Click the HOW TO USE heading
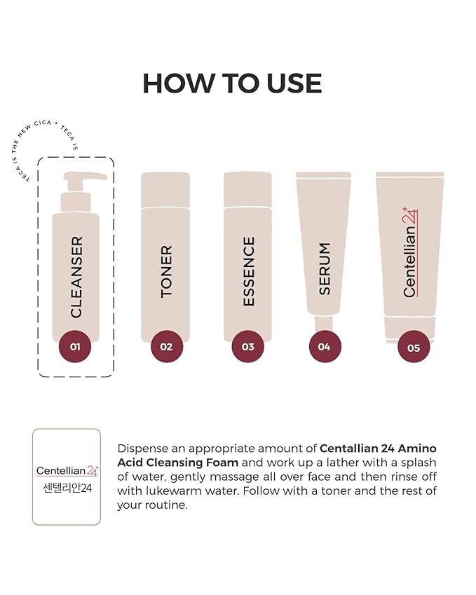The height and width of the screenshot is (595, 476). coord(232,83)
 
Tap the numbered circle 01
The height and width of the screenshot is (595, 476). coord(75,346)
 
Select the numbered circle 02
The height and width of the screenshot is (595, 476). coord(166,346)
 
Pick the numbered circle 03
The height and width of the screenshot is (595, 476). coord(247,346)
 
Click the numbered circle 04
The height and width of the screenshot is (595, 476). coord(325,346)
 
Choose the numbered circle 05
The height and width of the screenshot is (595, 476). coord(413,346)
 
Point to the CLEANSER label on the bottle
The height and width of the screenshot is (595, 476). coord(76,277)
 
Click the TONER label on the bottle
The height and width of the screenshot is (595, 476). coord(166,271)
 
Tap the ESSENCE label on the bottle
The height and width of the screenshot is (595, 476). coord(248,271)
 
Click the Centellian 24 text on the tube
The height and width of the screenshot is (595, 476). coord(410,252)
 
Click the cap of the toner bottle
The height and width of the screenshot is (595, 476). coord(165,189)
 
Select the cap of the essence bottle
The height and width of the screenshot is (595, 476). coord(247,189)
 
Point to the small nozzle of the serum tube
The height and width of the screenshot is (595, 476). coord(323,323)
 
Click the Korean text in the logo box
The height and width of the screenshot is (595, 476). coord(67,487)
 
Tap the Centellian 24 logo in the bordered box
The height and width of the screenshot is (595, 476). coord(67,470)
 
